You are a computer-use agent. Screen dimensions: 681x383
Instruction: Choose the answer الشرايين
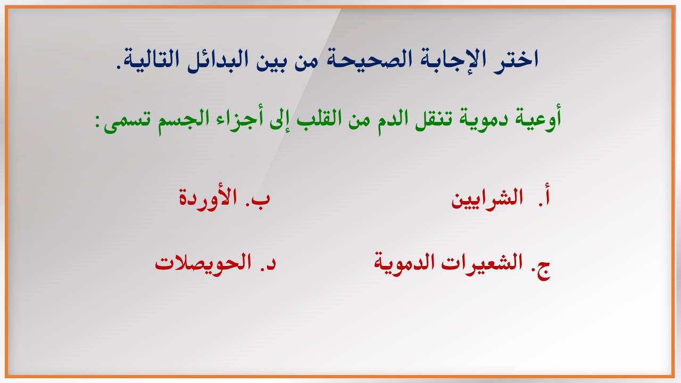pyautogui.click(x=487, y=199)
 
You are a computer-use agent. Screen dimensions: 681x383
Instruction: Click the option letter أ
pyautogui.click(x=546, y=197)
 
